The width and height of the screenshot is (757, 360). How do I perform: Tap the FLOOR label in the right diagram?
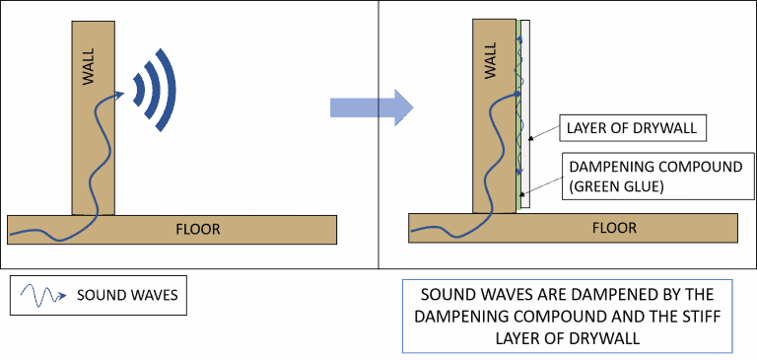614,229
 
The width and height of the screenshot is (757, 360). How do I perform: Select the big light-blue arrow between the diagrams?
372,108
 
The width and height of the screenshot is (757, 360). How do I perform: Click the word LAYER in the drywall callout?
586,128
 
